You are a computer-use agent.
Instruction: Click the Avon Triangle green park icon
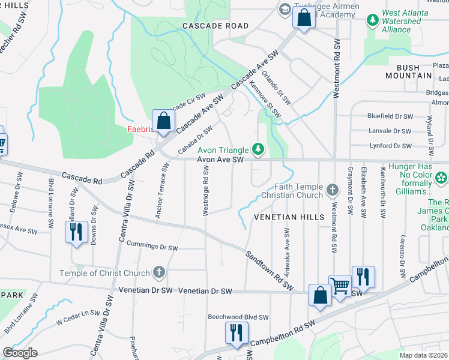click(258, 148)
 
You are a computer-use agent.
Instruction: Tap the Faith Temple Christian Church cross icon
click(332, 191)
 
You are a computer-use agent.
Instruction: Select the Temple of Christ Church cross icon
click(159, 273)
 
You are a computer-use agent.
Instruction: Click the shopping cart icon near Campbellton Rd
click(340, 286)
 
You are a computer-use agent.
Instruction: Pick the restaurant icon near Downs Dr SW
click(76, 232)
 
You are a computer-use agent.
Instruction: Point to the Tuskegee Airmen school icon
click(283, 10)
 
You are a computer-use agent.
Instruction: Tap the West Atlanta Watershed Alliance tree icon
click(373, 20)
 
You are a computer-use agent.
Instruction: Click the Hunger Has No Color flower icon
click(441, 178)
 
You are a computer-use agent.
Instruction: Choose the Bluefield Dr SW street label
click(390, 116)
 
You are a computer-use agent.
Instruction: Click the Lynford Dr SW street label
click(391, 146)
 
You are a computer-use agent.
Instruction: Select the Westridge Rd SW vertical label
click(206, 184)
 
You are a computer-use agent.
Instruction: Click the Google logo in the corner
click(20, 352)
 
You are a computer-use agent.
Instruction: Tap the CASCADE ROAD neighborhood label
click(215, 26)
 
